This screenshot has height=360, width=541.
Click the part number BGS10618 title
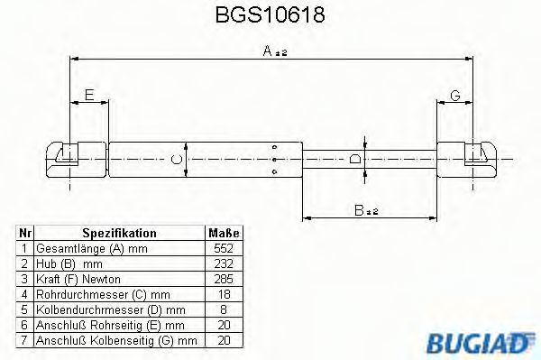[270, 14]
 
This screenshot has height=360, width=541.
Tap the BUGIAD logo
[480, 342]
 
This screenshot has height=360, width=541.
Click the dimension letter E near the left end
[89, 95]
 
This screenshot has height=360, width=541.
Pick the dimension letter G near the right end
[455, 95]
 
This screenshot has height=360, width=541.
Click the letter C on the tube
[177, 160]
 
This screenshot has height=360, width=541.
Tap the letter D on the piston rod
[355, 159]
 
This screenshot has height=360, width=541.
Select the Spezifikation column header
[119, 233]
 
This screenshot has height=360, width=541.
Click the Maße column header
[224, 233]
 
